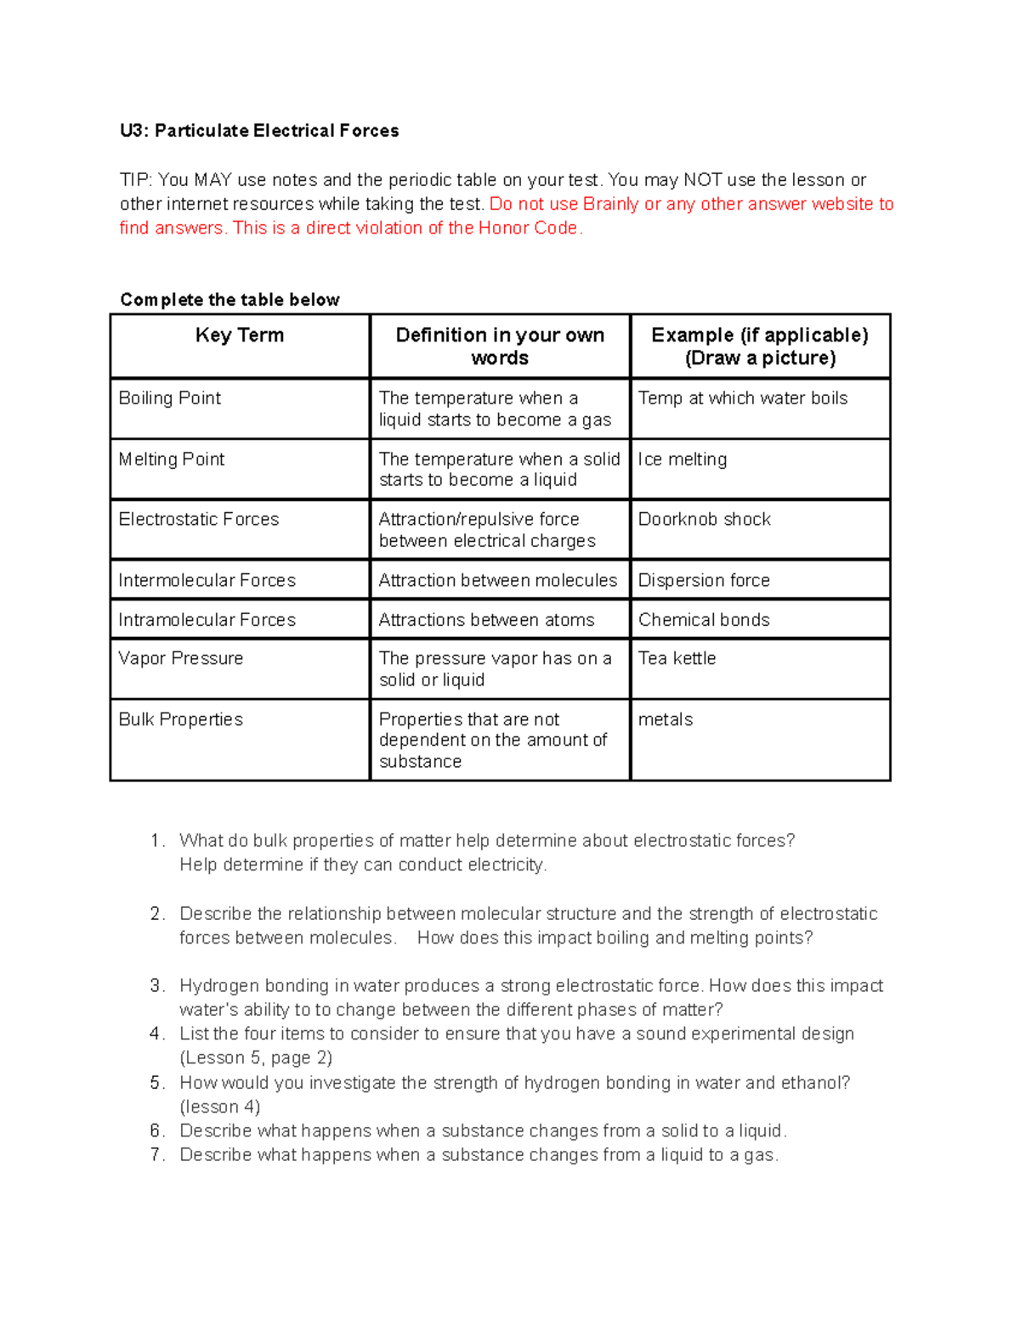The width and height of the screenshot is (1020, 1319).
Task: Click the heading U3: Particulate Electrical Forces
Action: (259, 131)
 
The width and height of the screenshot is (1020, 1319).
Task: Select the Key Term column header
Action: (240, 335)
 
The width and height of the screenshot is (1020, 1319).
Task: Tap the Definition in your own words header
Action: (500, 347)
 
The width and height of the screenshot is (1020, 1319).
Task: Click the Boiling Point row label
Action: (170, 398)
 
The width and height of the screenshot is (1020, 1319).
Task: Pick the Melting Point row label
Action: (172, 459)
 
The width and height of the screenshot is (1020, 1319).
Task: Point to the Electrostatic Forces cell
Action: (199, 519)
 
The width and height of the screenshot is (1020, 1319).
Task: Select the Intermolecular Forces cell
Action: (207, 580)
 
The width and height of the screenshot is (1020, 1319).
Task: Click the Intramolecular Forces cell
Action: (207, 620)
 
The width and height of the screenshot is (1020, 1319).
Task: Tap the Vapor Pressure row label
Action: (181, 658)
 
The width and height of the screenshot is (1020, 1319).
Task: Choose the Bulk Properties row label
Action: (181, 719)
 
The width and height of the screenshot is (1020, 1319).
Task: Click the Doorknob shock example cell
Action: (705, 519)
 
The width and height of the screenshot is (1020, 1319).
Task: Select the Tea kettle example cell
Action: (677, 658)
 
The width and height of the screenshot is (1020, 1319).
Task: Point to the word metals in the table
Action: (666, 719)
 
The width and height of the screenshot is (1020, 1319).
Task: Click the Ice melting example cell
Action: (683, 459)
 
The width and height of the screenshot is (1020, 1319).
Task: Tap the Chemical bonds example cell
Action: (704, 620)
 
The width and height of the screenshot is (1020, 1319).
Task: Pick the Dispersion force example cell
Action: (704, 580)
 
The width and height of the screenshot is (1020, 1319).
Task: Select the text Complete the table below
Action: (229, 300)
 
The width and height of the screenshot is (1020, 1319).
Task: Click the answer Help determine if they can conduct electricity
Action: (363, 865)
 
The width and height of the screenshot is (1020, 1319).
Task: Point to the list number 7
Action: (156, 1155)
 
